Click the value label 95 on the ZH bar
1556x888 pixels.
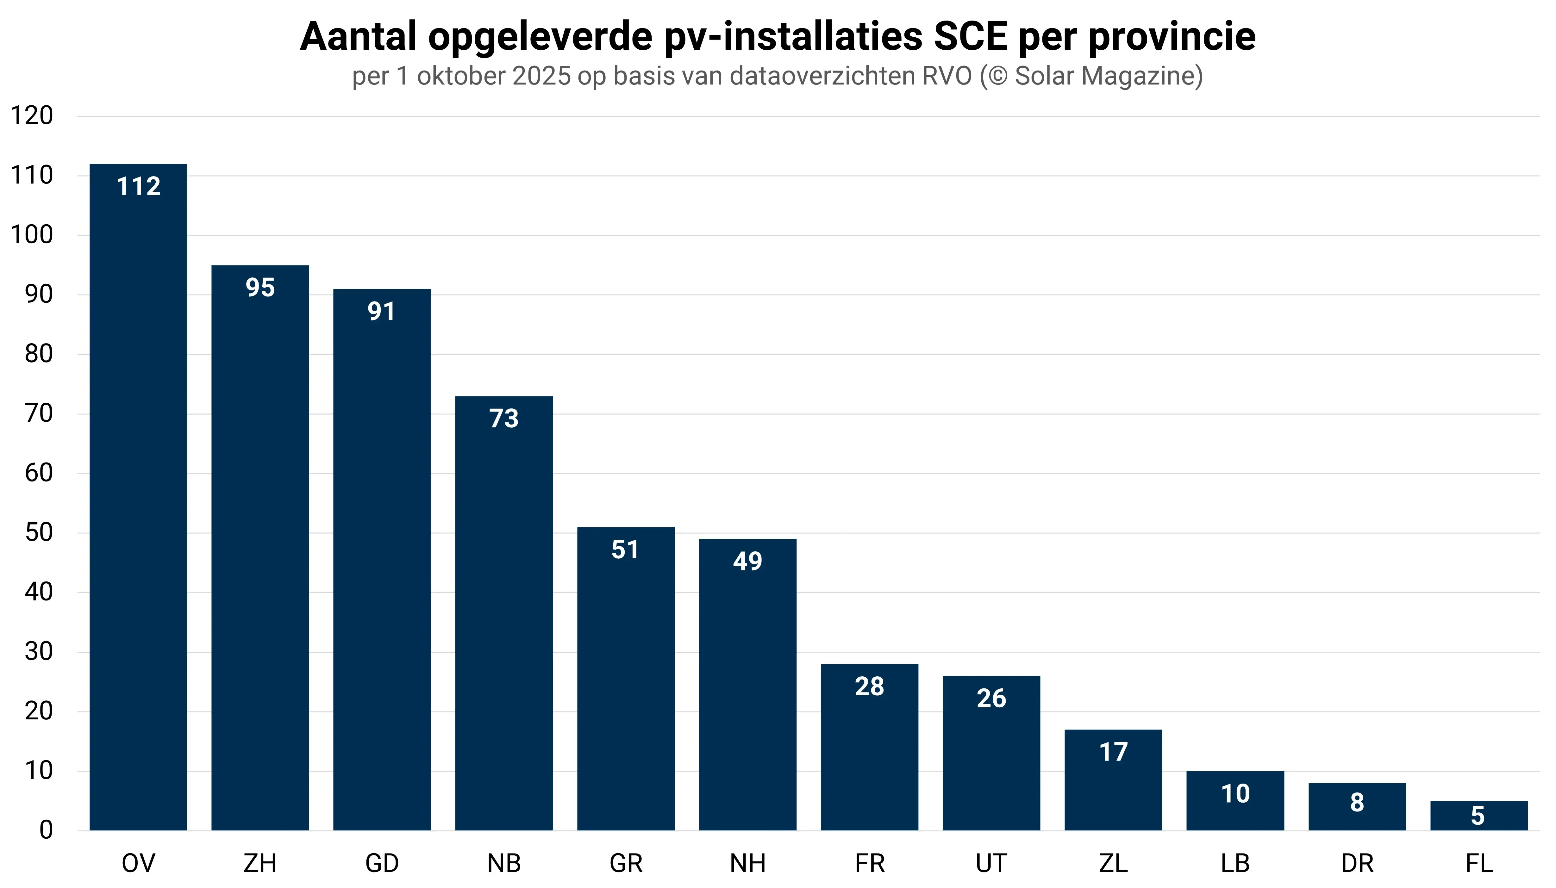[260, 287]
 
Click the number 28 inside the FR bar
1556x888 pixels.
[869, 686]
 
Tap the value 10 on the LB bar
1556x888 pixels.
[1235, 793]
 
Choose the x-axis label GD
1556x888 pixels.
[382, 863]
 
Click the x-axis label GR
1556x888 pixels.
[626, 863]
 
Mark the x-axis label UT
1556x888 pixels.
[991, 863]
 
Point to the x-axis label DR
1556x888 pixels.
[1357, 863]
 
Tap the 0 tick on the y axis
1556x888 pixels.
[46, 830]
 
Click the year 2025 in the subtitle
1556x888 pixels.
[542, 76]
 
